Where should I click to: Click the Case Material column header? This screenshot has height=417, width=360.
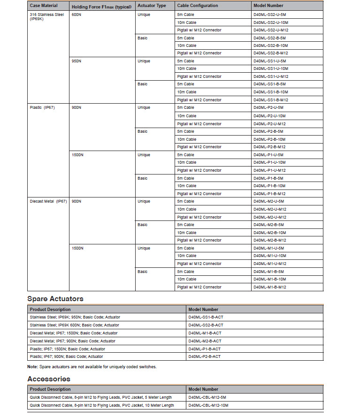44,6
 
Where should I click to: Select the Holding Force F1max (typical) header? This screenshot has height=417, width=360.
101,6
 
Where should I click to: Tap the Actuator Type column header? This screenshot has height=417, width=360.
152,6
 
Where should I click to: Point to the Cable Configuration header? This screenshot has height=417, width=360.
198,6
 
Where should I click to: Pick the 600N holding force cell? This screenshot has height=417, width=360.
76,15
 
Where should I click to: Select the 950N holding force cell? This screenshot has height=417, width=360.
76,61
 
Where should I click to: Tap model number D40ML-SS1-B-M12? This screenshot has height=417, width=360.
271,100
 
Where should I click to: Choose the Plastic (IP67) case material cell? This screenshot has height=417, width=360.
42,107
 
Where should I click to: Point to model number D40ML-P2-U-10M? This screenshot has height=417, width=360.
269,115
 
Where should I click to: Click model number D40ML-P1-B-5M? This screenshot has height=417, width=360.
268,178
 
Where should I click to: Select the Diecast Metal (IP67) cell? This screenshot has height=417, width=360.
48,201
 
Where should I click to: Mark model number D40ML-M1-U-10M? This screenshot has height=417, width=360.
269,256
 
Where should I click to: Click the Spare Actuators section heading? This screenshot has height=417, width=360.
55,298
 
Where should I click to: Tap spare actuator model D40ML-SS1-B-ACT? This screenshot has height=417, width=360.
206,317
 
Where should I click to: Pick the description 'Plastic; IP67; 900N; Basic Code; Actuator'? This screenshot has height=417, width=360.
67,356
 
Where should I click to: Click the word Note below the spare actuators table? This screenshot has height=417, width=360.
32,366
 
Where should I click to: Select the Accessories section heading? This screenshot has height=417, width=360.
49,379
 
